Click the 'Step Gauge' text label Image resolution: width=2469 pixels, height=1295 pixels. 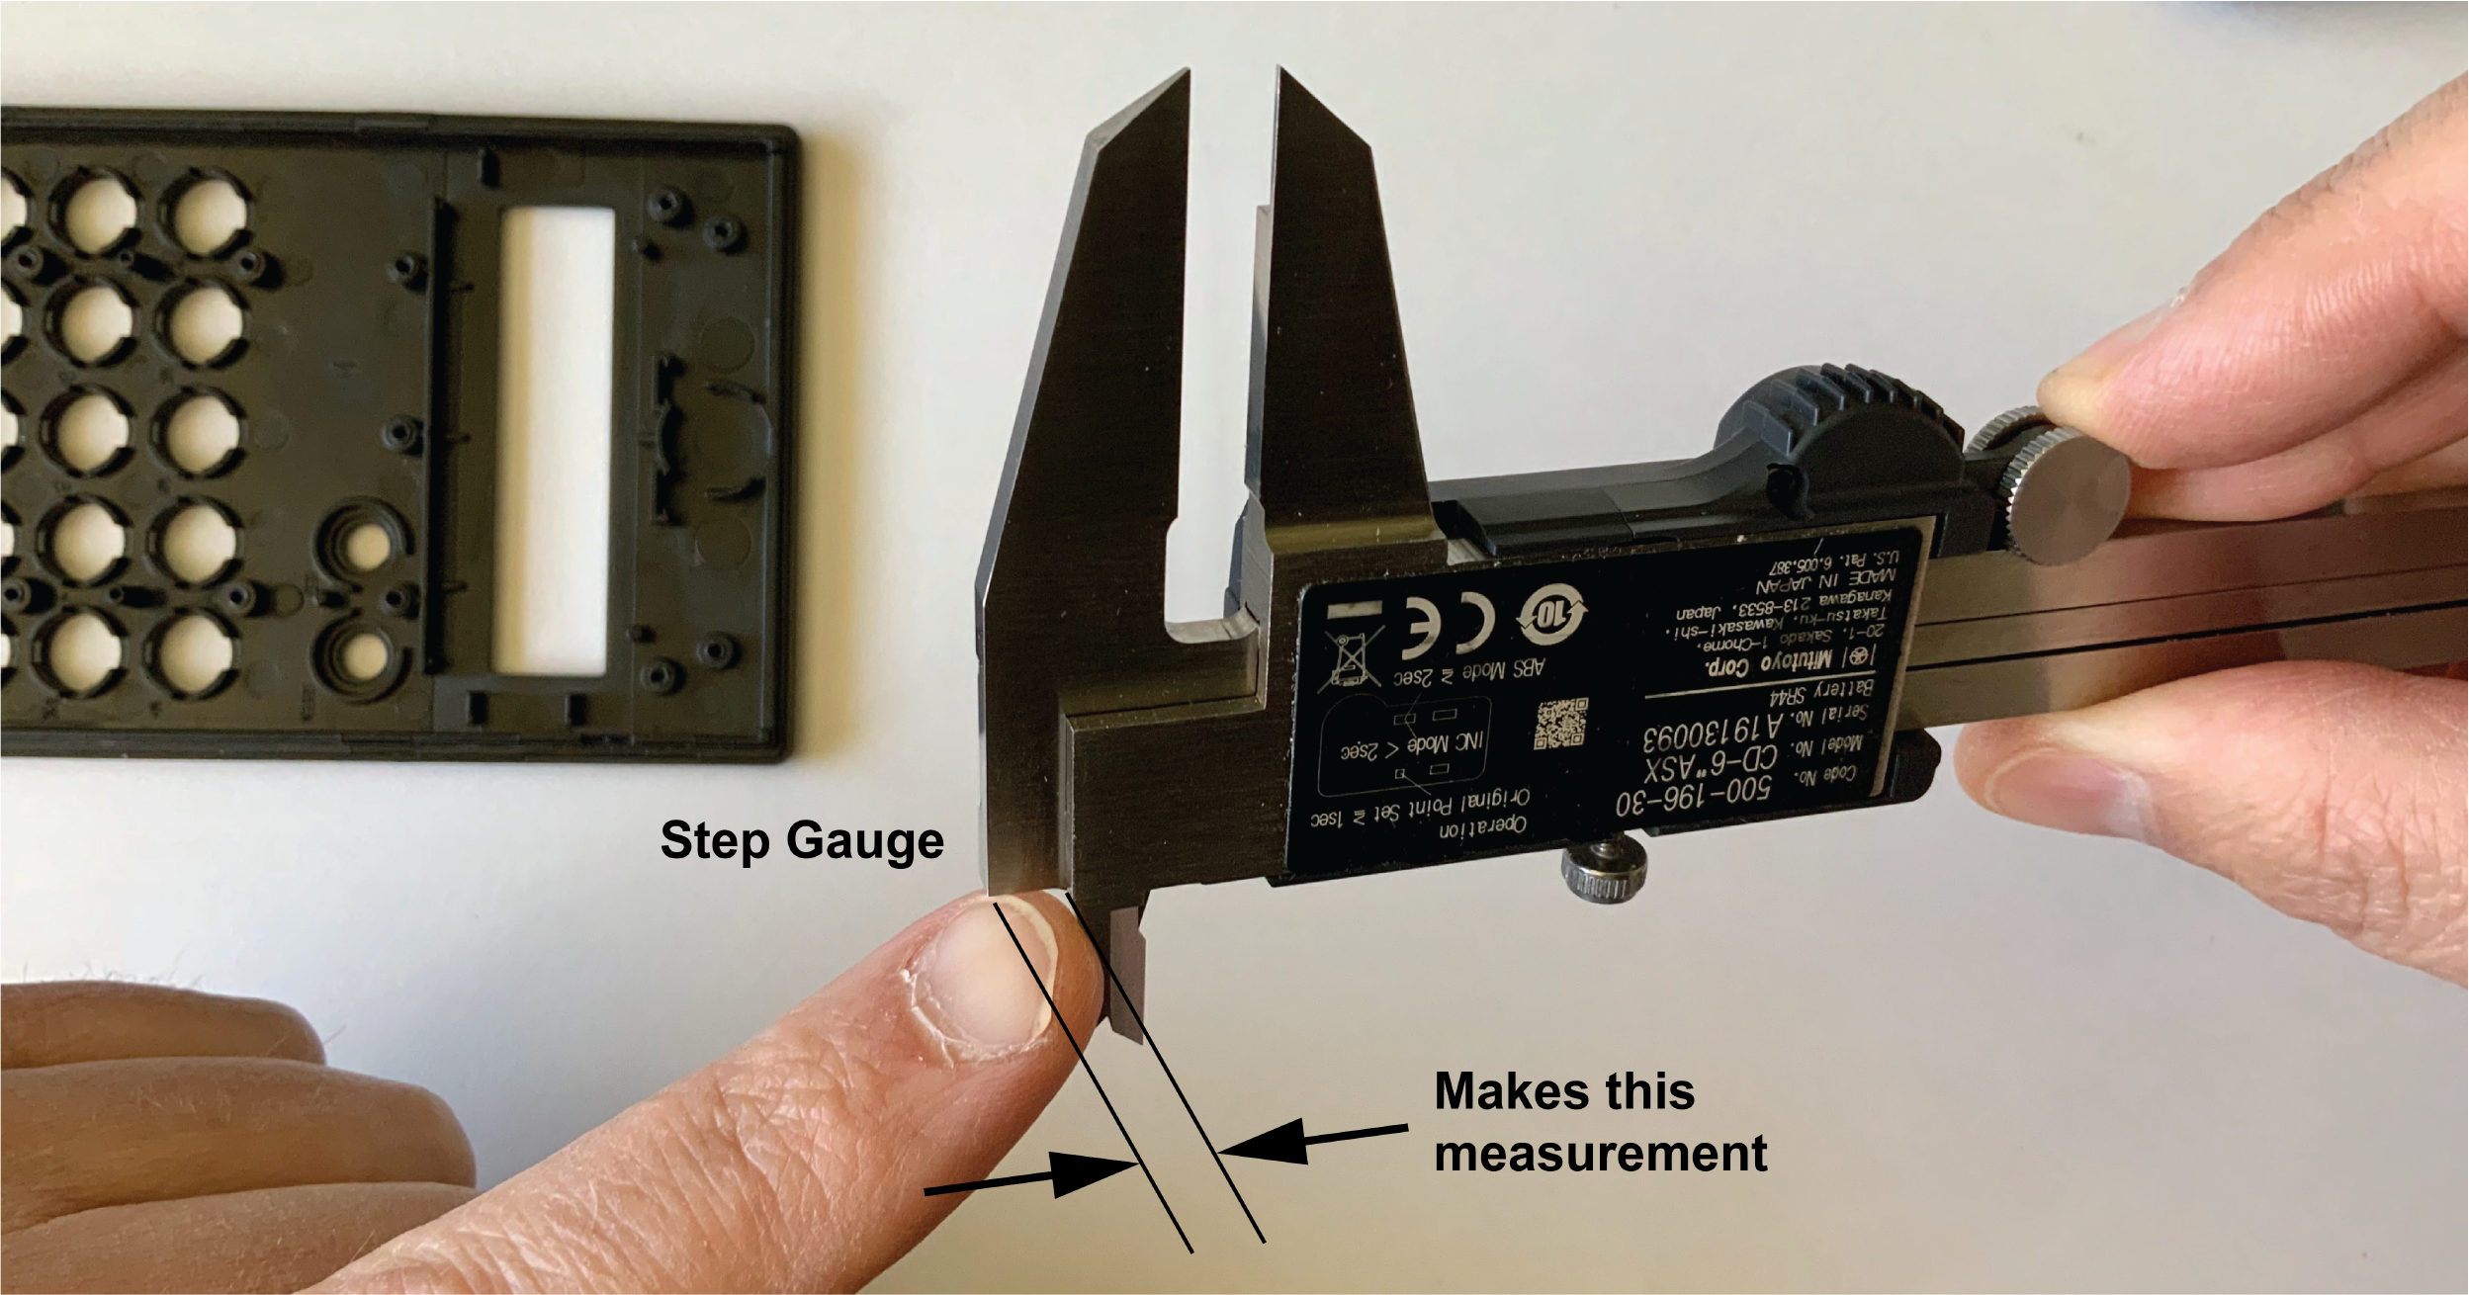(x=802, y=841)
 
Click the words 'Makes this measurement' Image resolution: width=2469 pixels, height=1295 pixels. (x=1600, y=1123)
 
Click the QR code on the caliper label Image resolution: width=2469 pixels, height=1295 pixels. (x=1560, y=724)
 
